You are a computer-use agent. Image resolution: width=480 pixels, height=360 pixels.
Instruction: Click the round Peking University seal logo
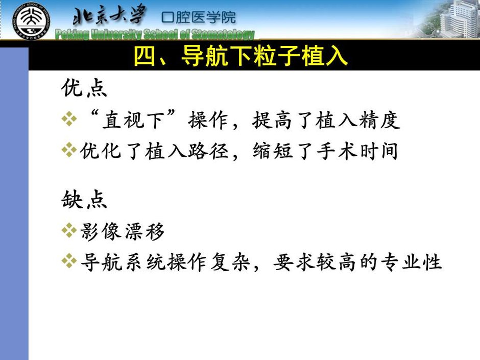(x=32, y=21)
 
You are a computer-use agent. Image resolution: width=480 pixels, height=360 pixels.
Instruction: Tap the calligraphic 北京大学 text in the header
(x=109, y=15)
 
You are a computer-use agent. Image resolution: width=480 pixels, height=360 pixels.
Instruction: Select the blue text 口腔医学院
(x=199, y=17)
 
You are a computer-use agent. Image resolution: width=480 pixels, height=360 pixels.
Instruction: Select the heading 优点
(x=84, y=88)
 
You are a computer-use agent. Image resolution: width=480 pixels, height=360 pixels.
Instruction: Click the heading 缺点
(x=84, y=199)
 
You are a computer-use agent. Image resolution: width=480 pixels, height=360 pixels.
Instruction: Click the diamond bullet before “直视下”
(x=69, y=119)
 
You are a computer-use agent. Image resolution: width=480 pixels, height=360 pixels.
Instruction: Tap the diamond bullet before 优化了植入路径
(x=69, y=150)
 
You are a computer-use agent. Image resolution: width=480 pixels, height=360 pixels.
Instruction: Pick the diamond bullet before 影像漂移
(x=69, y=231)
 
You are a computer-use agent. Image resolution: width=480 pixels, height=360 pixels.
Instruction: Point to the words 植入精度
(x=357, y=119)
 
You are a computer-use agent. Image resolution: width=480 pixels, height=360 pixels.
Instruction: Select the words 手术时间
(x=357, y=151)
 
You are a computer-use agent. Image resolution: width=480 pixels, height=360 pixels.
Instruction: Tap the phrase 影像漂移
(x=123, y=231)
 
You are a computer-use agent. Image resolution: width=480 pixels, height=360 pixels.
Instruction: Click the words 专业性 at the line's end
(x=412, y=262)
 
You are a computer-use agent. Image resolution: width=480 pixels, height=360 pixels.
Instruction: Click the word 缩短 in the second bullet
(x=273, y=151)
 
